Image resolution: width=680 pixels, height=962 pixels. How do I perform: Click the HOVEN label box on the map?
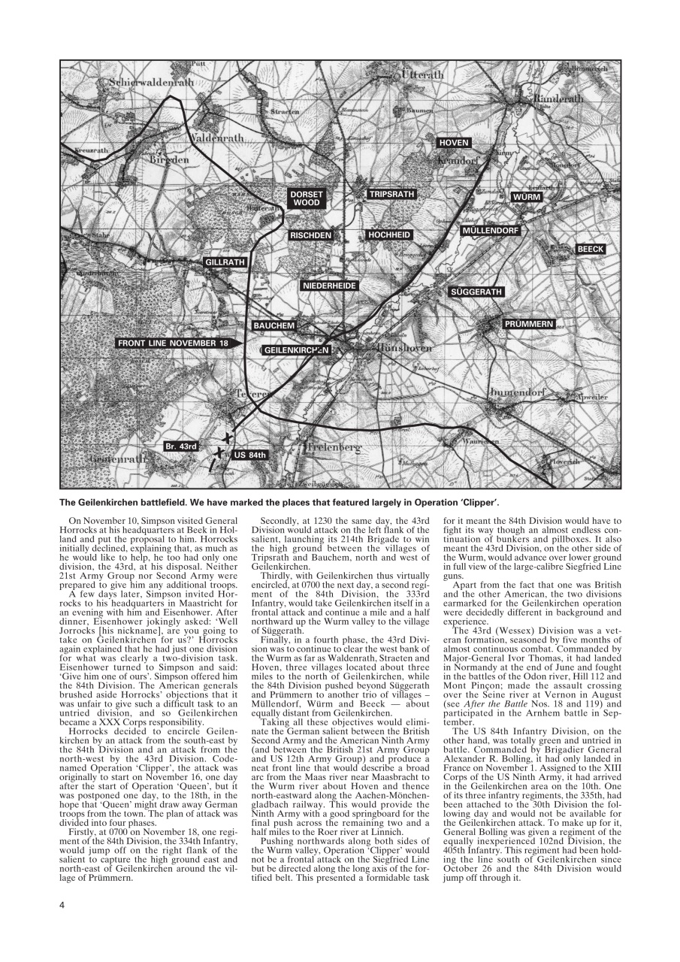click(x=454, y=142)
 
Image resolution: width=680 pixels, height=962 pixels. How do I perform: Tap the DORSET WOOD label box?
click(x=307, y=198)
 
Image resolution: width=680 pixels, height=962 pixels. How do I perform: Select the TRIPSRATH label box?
click(x=391, y=194)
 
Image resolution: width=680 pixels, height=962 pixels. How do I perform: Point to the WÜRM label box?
click(x=526, y=197)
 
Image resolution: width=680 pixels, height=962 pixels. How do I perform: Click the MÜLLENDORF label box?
click(x=491, y=230)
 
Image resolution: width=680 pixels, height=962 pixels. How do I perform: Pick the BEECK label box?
click(x=591, y=249)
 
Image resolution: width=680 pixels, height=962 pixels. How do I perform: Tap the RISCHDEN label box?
click(x=311, y=235)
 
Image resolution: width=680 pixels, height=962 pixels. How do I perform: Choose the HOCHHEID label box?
click(x=390, y=235)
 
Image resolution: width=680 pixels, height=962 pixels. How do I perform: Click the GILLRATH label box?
click(x=225, y=262)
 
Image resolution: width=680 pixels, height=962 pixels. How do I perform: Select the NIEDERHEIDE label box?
click(x=330, y=286)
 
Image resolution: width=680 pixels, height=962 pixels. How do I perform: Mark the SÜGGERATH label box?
click(x=476, y=291)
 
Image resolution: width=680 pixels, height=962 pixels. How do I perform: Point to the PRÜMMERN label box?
click(x=529, y=324)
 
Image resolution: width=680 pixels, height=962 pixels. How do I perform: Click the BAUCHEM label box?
click(x=274, y=325)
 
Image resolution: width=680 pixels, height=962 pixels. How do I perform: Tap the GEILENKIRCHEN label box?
click(x=296, y=350)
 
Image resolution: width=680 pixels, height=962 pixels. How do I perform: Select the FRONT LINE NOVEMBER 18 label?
click(x=173, y=343)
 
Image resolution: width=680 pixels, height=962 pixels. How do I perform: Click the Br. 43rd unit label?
click(x=180, y=446)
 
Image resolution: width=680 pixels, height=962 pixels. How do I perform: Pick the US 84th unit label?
click(x=250, y=455)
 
